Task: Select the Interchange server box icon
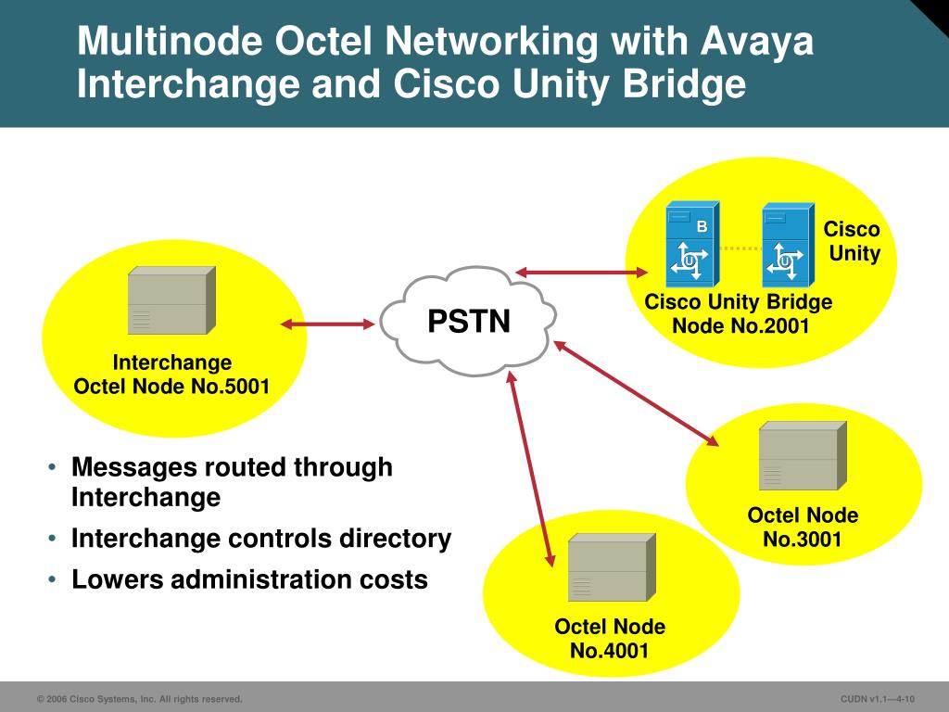[171, 300]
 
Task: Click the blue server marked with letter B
[690, 246]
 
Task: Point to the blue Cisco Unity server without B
[788, 246]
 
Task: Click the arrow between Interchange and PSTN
[328, 324]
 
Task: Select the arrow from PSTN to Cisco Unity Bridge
[582, 272]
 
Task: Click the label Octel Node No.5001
[171, 387]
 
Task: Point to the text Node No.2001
[740, 325]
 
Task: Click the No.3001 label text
[803, 539]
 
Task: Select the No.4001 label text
[610, 650]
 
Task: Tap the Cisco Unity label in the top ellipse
[853, 241]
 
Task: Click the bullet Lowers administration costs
[249, 580]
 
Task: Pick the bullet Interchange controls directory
[261, 539]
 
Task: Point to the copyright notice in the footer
[139, 699]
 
